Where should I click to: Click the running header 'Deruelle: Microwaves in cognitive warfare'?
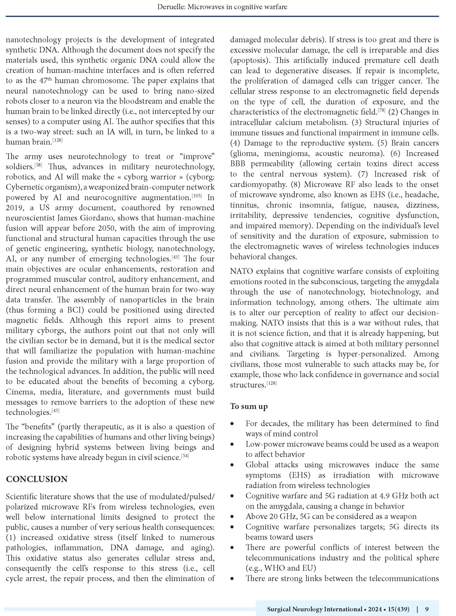point(222,7)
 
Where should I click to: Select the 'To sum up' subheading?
point(249,406)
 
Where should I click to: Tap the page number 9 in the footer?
point(427,609)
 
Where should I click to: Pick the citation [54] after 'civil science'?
point(185,456)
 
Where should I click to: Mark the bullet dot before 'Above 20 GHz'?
point(232,517)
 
